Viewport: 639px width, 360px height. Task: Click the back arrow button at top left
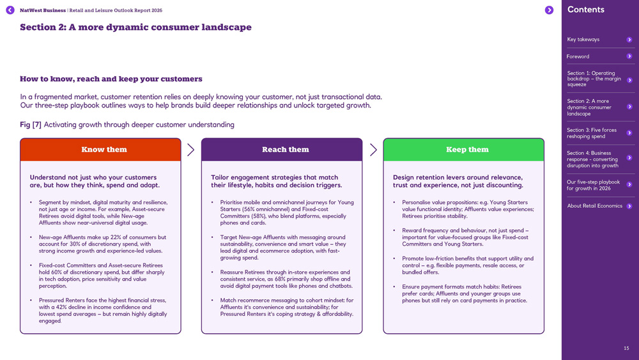point(10,10)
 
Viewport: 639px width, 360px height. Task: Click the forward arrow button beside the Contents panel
point(549,10)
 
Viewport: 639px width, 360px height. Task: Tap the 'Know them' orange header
point(101,150)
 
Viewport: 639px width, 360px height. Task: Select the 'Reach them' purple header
point(282,150)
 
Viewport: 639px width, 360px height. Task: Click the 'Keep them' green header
point(464,150)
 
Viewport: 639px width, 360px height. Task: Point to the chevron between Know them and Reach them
point(190,150)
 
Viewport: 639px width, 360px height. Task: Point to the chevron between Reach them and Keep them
point(373,150)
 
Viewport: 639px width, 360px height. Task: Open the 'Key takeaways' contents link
point(583,40)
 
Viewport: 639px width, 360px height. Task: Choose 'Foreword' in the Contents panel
point(578,56)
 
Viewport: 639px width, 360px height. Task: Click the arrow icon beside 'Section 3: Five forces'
point(629,133)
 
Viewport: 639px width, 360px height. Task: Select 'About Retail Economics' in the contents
point(594,206)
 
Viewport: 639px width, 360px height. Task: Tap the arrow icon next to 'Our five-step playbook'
point(629,185)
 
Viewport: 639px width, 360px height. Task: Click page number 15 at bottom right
point(626,348)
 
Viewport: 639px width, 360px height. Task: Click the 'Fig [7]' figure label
point(31,125)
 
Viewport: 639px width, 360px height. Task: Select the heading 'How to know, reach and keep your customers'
point(111,79)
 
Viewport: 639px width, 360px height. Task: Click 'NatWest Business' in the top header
point(42,10)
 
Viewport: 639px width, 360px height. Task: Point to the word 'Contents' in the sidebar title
point(585,10)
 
